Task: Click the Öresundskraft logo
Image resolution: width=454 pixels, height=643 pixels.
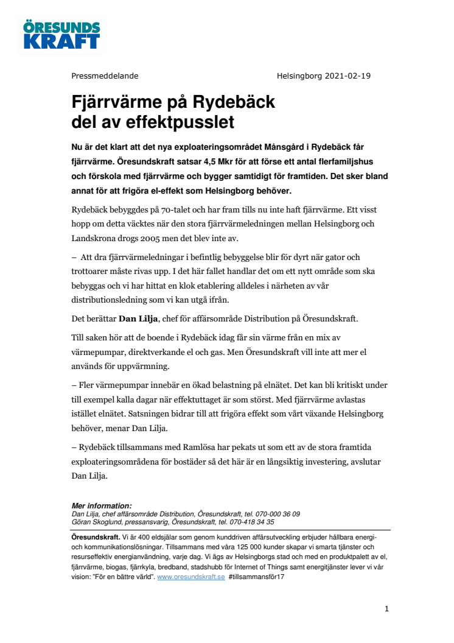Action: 61,34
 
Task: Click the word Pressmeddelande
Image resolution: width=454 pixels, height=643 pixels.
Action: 105,76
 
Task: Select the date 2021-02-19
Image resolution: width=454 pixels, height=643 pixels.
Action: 348,76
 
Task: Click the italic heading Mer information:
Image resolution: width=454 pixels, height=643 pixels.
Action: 102,506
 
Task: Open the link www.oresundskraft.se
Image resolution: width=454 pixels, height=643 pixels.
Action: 190,577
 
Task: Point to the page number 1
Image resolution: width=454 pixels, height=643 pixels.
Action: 386,609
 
